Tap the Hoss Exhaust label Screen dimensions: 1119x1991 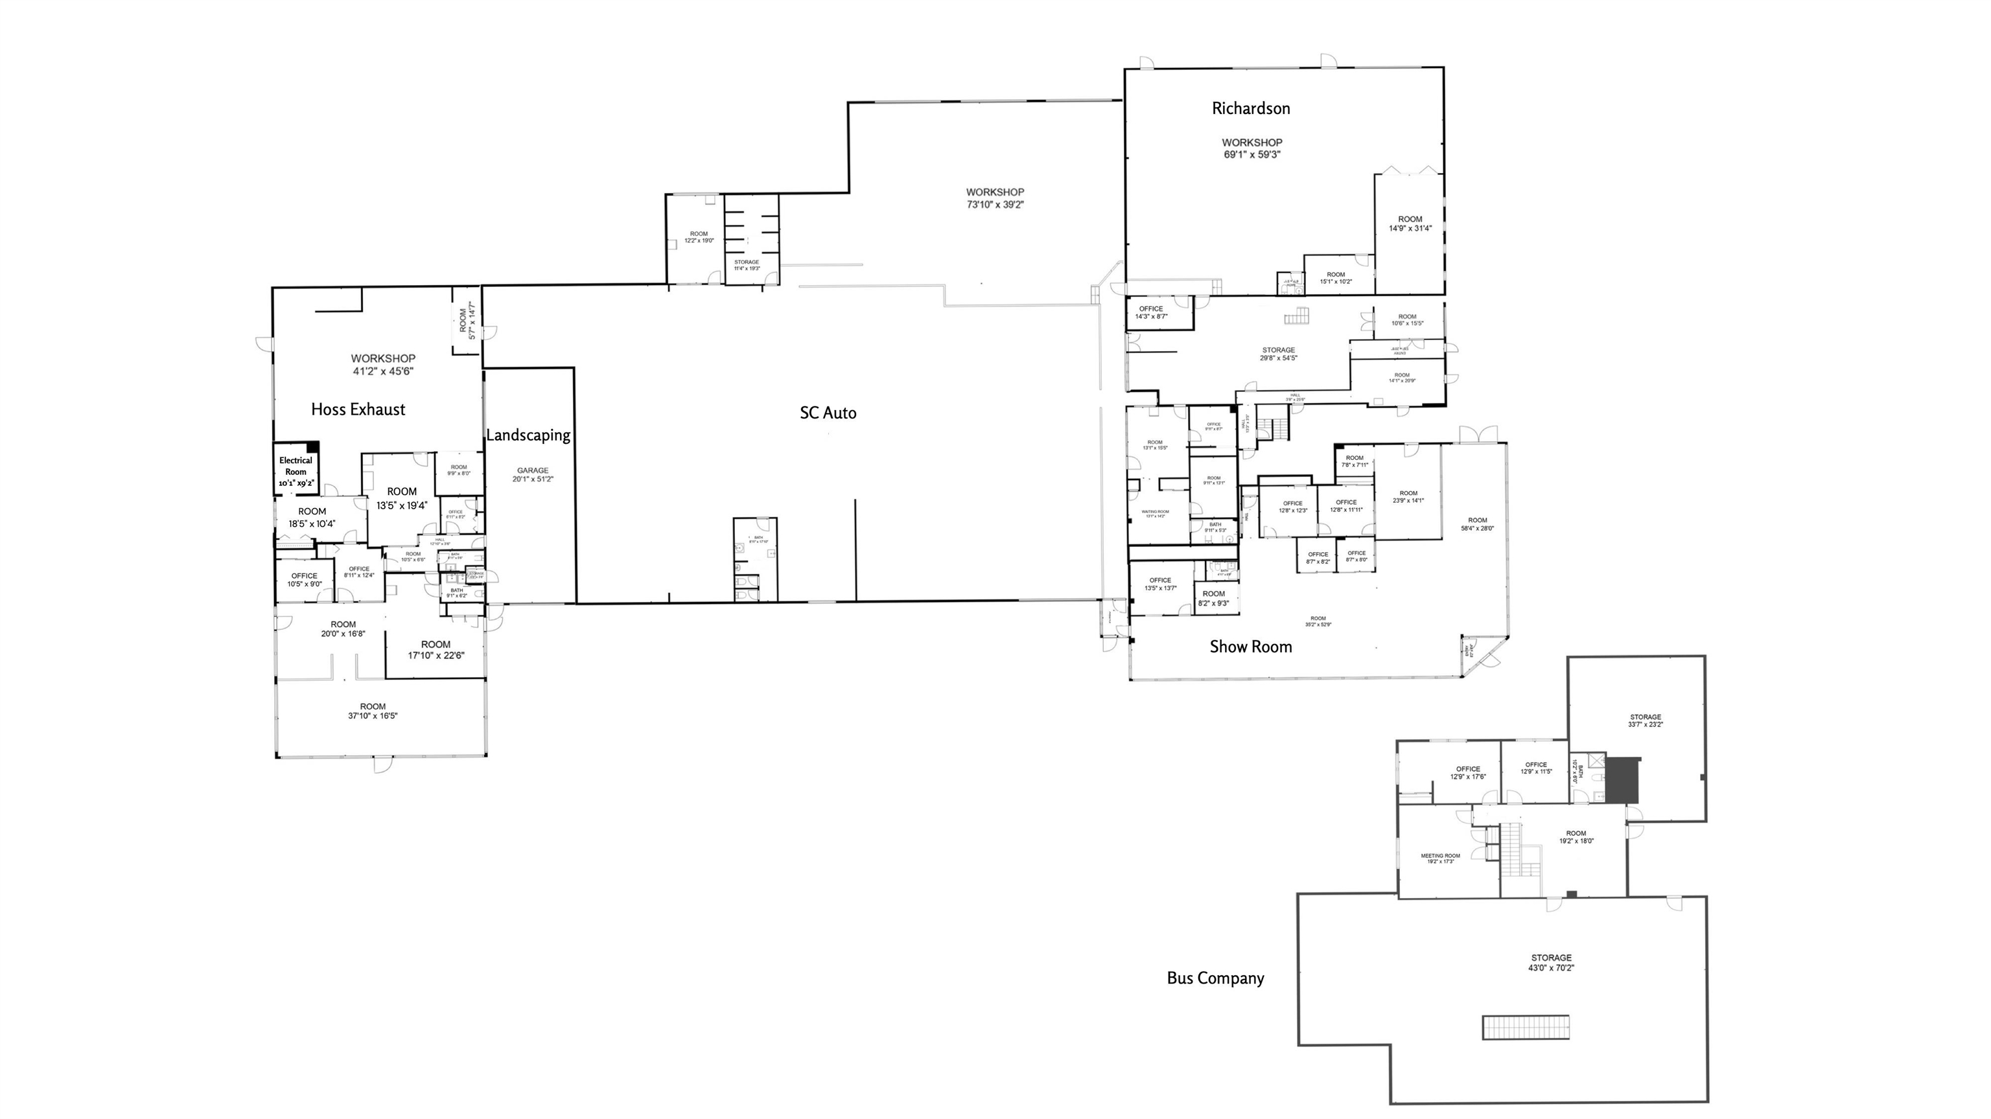coord(358,410)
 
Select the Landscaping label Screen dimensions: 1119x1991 coord(528,435)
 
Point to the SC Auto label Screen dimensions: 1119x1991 coord(828,413)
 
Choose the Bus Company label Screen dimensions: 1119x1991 coord(1215,978)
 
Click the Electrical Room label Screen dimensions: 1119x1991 coord(296,470)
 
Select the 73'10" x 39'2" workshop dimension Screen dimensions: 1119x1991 coord(995,205)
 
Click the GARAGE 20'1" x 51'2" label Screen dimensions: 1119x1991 coord(533,474)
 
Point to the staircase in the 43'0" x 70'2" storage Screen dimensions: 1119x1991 coord(1525,1027)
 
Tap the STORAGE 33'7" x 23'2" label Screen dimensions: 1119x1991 coord(1645,721)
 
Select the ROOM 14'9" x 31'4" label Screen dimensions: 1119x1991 coord(1410,224)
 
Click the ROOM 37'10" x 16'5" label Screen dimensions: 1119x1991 coord(373,711)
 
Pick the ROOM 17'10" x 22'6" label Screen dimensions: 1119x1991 coord(436,650)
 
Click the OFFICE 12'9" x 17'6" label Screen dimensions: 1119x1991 coord(1468,773)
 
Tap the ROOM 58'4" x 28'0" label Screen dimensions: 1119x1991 coord(1477,524)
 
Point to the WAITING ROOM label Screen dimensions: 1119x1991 coord(1155,513)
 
